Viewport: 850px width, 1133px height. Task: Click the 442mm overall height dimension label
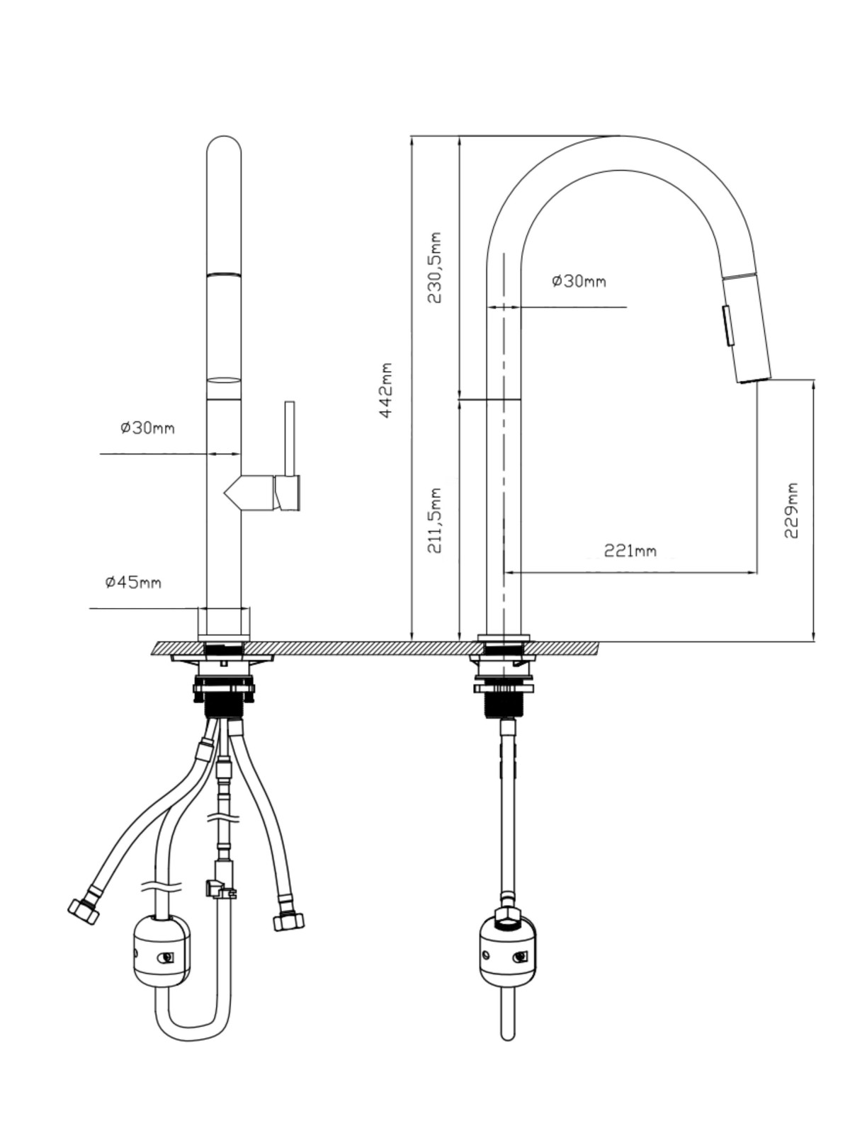point(386,389)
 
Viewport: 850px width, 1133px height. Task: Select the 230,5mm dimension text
point(434,268)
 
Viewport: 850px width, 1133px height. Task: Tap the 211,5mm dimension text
point(434,520)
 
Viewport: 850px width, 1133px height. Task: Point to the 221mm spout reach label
point(630,551)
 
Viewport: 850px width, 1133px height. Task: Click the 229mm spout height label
point(790,511)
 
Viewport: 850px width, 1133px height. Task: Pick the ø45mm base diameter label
point(133,583)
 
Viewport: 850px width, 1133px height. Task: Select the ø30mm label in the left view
point(147,428)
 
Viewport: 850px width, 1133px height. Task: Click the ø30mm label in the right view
point(579,281)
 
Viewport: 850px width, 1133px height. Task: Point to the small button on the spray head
point(727,326)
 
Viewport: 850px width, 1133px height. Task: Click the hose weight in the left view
point(161,951)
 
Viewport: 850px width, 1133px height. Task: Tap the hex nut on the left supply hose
point(83,911)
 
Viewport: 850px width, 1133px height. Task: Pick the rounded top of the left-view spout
point(223,144)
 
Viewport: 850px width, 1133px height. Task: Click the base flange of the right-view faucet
point(504,638)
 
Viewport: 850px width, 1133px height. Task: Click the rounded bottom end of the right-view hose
point(508,1035)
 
